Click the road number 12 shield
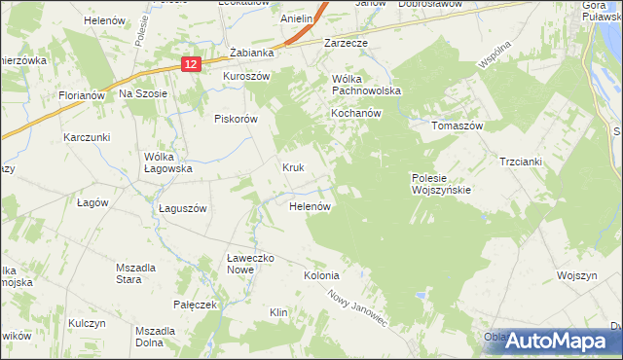(x=190, y=63)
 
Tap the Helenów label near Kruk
(x=312, y=206)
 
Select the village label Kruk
(x=294, y=167)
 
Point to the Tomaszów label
(x=458, y=126)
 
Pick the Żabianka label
(x=247, y=54)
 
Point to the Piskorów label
(x=235, y=119)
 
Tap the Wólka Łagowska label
(x=168, y=162)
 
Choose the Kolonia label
(x=321, y=275)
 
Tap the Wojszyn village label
(x=576, y=275)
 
